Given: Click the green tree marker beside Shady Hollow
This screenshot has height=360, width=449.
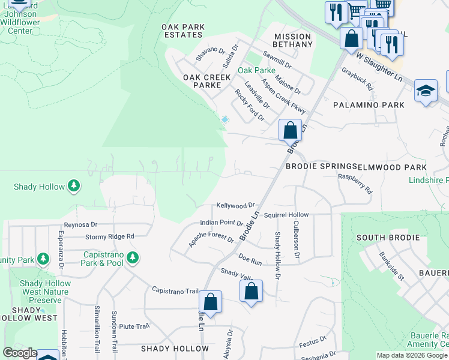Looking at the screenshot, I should [74, 186].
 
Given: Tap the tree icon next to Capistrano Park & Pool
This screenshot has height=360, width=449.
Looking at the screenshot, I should [133, 259].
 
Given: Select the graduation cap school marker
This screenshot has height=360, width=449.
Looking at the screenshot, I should [426, 91].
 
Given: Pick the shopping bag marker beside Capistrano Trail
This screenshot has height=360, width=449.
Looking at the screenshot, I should [210, 301].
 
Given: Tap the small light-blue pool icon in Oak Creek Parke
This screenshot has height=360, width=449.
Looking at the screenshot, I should [224, 120].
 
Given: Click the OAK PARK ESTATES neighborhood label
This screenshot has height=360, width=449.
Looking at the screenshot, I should [183, 31].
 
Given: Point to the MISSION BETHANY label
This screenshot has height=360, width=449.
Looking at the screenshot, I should [293, 41].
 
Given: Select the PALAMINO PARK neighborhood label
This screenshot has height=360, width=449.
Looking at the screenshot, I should [369, 105].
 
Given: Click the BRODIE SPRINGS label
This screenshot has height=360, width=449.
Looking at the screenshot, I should [321, 166].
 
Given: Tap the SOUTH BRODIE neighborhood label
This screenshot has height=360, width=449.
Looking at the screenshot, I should [388, 238].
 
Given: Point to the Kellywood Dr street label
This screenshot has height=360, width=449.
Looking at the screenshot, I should [236, 205].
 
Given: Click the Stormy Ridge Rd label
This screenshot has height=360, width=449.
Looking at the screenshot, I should [109, 236].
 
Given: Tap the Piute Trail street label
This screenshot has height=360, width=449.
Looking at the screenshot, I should [134, 326].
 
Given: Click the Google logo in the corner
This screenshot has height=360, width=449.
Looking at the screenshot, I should [20, 353].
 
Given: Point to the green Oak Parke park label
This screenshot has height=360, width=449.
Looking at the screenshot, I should [256, 70].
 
